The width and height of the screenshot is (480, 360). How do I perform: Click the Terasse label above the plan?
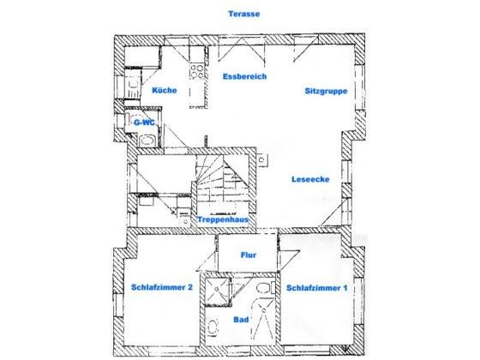pyautogui.click(x=244, y=14)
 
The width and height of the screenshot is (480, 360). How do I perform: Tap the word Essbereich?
pyautogui.click(x=244, y=76)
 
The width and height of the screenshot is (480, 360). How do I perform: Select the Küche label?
pyautogui.click(x=165, y=90)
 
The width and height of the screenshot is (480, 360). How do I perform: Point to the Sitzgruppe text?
pyautogui.click(x=326, y=91)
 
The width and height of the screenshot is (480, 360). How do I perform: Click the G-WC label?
pyautogui.click(x=144, y=123)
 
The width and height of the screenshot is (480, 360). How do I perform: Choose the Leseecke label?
pyautogui.click(x=310, y=179)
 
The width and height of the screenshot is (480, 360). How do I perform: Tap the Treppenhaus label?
pyautogui.click(x=223, y=219)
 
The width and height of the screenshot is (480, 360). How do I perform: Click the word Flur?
pyautogui.click(x=249, y=255)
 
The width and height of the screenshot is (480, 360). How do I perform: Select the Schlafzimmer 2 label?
pyautogui.click(x=162, y=287)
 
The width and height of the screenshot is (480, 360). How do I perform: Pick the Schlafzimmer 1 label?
pyautogui.click(x=317, y=288)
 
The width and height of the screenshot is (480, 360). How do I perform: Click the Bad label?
pyautogui.click(x=241, y=320)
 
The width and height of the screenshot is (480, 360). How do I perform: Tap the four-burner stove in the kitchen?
pyautogui.click(x=197, y=72)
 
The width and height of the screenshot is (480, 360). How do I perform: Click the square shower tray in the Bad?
pyautogui.click(x=218, y=290)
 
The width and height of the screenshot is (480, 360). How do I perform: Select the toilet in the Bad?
pyautogui.click(x=263, y=288)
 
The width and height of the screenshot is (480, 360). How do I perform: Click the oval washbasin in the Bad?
pyautogui.click(x=213, y=327)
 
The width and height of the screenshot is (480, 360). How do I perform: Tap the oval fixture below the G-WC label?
pyautogui.click(x=147, y=141)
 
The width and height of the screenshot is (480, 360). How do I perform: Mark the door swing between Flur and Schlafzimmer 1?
pyautogui.click(x=289, y=261)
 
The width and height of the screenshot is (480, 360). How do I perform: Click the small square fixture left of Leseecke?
pyautogui.click(x=262, y=159)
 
